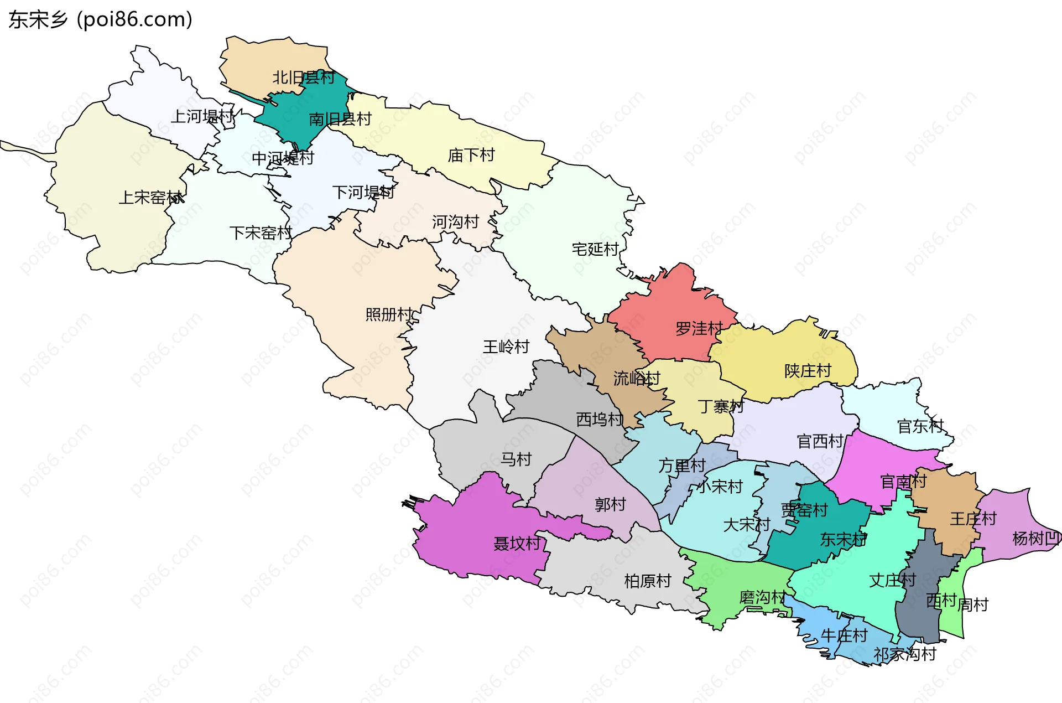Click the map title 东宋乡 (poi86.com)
100,20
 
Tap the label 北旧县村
303,77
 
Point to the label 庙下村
471,156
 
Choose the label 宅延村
595,250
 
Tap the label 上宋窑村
151,198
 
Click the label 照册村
388,315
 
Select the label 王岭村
506,347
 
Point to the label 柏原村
647,581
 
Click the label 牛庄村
844,635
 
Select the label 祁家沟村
904,654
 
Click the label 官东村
920,426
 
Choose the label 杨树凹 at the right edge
1035,538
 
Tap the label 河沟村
455,223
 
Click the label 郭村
610,505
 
